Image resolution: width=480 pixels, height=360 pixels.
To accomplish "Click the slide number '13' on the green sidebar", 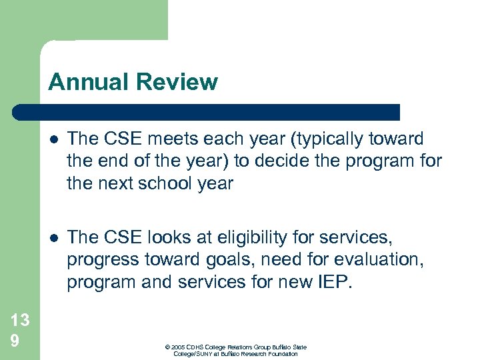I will [20, 321].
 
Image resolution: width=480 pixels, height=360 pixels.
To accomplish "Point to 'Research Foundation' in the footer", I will [271, 354].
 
